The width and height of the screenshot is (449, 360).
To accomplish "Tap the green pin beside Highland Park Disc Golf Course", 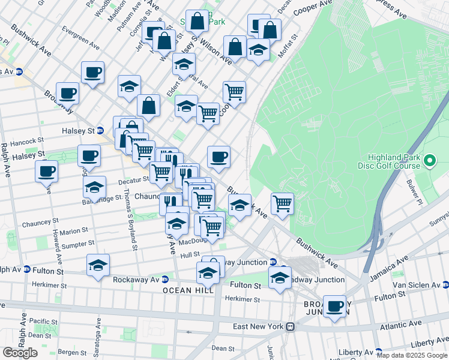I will [430, 161].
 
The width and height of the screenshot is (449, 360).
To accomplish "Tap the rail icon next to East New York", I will [290, 326].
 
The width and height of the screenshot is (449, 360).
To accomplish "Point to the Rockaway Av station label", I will [136, 279].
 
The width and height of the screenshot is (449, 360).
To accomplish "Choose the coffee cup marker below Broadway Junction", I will [334, 306].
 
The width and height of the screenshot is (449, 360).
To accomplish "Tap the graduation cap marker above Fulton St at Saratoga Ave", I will [98, 265].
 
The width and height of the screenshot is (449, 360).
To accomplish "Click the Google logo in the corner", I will [20, 353].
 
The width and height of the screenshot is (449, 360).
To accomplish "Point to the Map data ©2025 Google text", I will [412, 355].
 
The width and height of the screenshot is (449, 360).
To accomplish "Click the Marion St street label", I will [73, 230].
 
